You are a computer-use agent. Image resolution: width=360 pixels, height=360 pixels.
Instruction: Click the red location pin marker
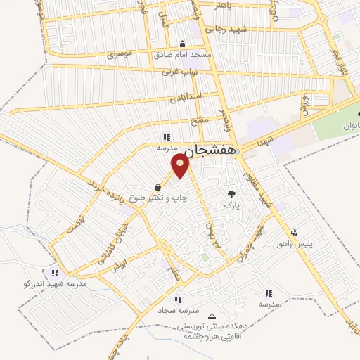click(181, 166)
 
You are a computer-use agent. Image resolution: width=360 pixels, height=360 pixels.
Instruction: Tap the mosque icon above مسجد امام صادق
click(183, 43)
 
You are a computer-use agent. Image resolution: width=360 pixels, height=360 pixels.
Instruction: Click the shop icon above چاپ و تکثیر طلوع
click(157, 187)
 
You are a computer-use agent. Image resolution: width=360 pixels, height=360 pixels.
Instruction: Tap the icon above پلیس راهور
click(294, 231)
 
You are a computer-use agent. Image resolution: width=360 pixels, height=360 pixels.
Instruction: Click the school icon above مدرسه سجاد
click(177, 299)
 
